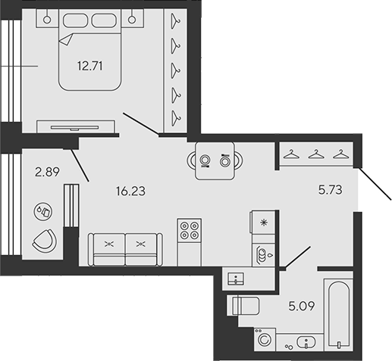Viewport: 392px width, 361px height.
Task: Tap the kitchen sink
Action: [262, 252]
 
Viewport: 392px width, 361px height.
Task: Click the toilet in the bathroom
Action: [244, 306]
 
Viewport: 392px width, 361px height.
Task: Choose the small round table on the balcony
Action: [45, 212]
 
